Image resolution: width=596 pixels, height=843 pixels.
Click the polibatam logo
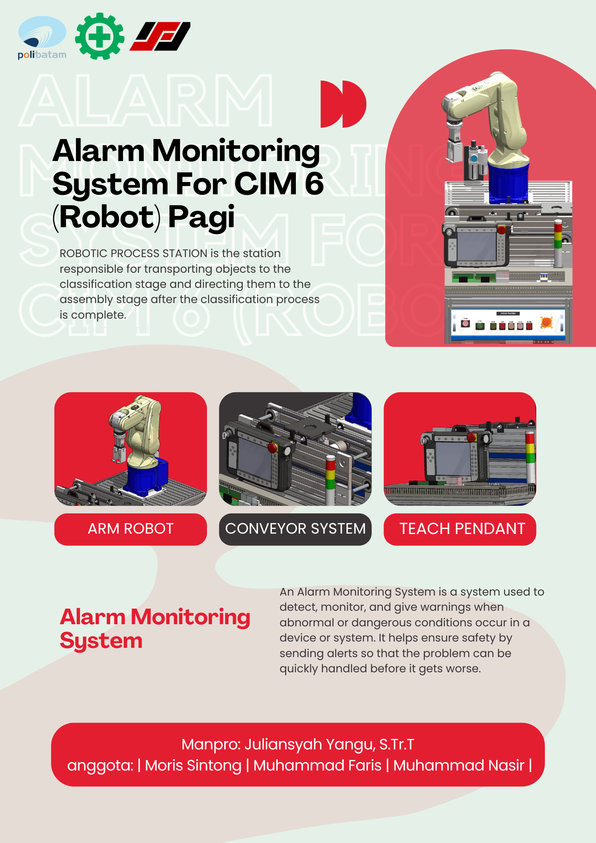coord(42,38)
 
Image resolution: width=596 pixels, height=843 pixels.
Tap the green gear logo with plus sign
coord(100,36)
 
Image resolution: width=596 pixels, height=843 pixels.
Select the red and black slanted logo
coord(160,36)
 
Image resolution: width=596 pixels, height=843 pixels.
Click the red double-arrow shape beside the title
coord(343,104)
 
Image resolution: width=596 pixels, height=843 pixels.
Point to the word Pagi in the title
coord(201,217)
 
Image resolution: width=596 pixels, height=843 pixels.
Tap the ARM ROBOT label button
coord(131,529)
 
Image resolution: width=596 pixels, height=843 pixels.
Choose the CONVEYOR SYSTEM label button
coord(295,529)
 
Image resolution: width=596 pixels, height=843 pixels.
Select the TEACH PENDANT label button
coord(460,529)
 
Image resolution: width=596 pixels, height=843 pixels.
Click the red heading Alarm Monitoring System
coord(155,628)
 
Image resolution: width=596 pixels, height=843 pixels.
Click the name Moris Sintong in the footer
coord(193,765)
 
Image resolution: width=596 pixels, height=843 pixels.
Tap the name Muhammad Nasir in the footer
coord(459,765)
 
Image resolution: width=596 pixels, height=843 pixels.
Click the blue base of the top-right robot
coord(508,182)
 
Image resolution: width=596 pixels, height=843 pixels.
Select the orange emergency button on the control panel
coord(546,322)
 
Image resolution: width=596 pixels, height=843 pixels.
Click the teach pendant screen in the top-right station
coord(477,247)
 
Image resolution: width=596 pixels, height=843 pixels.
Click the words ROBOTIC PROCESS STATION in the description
coord(134,253)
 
